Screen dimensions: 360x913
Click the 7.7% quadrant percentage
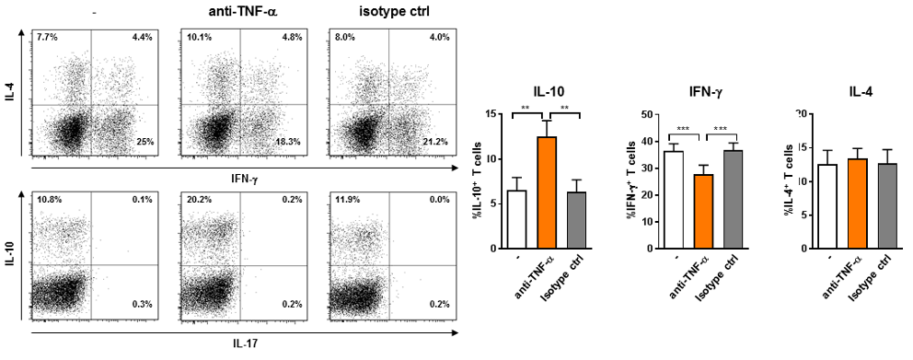tap(46, 37)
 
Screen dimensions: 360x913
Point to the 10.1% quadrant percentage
tap(196, 37)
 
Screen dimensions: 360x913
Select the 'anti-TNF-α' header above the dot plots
tap(240, 11)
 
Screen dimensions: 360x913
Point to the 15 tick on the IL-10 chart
tap(496, 114)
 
